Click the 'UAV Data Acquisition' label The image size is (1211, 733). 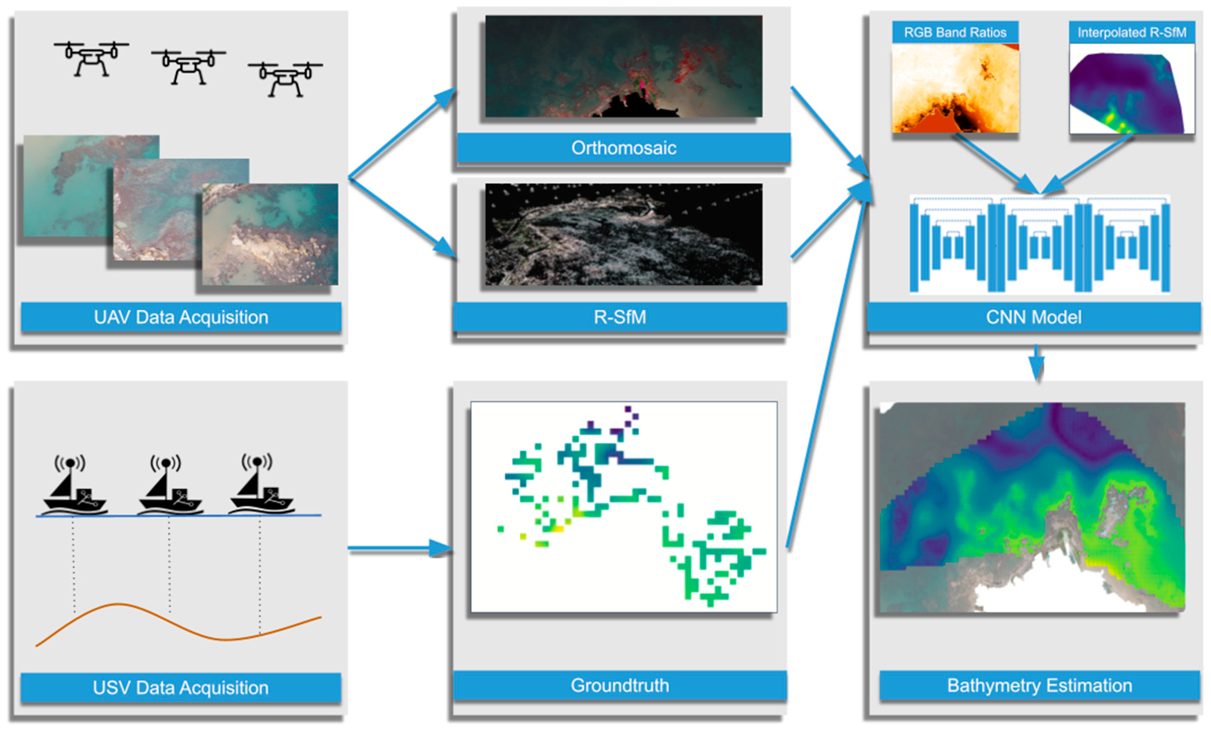[x=181, y=317]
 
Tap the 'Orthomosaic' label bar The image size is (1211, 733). [x=623, y=148]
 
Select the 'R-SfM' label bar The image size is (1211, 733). [x=619, y=317]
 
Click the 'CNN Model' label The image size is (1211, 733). [x=1033, y=317]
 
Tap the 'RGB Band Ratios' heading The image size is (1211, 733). [x=955, y=33]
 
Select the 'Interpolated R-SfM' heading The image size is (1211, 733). [x=1131, y=33]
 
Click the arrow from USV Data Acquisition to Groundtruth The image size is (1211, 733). [x=398, y=548]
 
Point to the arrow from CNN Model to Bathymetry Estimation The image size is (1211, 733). [x=1036, y=363]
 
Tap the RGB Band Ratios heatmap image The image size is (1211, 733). [x=955, y=89]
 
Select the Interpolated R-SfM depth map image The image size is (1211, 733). [x=1131, y=89]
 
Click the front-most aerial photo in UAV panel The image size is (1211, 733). [x=270, y=235]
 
